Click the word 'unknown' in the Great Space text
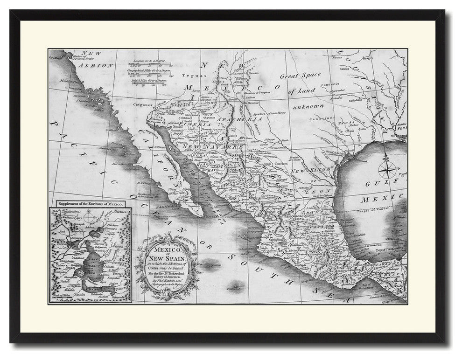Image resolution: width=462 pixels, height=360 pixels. click(x=308, y=107)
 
